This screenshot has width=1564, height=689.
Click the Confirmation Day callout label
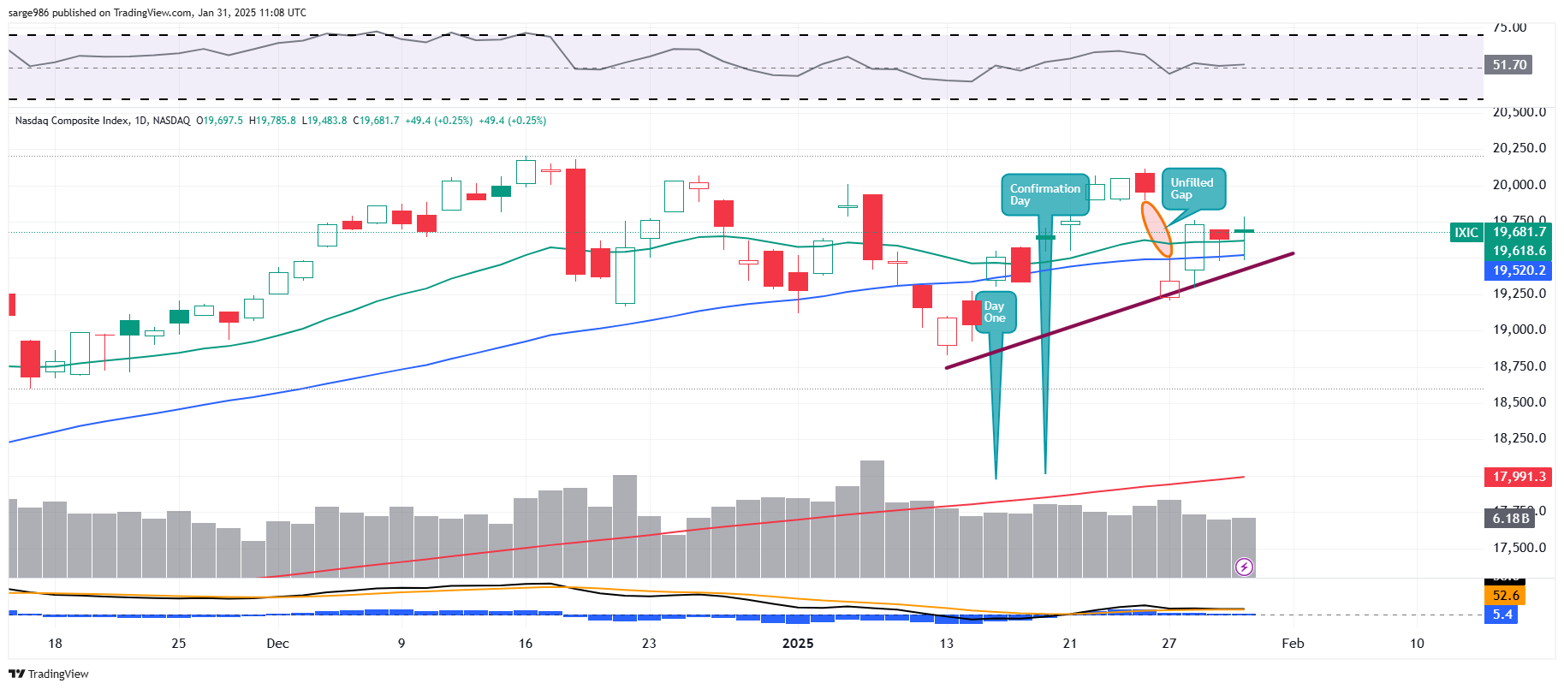click(x=1044, y=194)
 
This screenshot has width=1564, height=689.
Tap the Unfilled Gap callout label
click(x=1192, y=188)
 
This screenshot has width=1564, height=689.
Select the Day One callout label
click(x=995, y=312)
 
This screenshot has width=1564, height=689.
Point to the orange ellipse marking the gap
click(x=1157, y=229)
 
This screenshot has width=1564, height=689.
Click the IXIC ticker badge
click(x=1466, y=233)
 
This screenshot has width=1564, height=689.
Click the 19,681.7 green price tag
click(x=1519, y=232)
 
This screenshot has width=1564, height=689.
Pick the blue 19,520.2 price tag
click(x=1519, y=270)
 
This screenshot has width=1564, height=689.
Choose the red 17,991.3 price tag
click(x=1519, y=477)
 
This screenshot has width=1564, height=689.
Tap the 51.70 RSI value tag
click(x=1509, y=65)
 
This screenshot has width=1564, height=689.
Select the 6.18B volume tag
click(x=1510, y=519)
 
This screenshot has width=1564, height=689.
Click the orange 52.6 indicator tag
click(x=1506, y=596)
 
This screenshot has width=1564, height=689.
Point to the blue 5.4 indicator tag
click(x=1502, y=615)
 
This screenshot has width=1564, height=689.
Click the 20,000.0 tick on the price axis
click(x=1519, y=185)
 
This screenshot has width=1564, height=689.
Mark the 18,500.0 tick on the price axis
click(x=1519, y=402)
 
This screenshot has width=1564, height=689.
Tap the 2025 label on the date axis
click(x=798, y=644)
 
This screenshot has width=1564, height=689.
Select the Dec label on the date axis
click(x=277, y=644)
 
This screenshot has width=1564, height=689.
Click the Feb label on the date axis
click(x=1293, y=644)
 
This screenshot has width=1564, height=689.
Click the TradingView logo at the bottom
click(x=49, y=674)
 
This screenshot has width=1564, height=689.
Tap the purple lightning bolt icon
click(x=1245, y=567)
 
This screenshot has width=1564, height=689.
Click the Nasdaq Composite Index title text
click(x=72, y=121)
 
